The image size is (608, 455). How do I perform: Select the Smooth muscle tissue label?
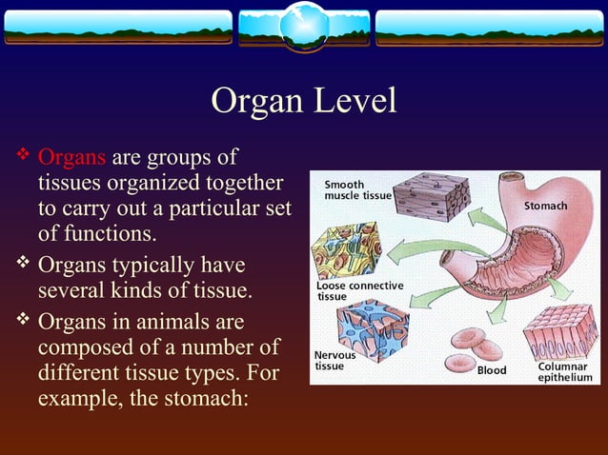click(x=357, y=189)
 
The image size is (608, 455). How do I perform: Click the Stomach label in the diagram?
click(x=546, y=207)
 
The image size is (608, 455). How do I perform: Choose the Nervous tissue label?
click(x=335, y=360)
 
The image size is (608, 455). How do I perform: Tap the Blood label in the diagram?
click(x=492, y=370)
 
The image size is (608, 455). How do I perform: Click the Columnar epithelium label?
click(x=564, y=372)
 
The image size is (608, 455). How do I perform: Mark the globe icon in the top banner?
click(x=304, y=25)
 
